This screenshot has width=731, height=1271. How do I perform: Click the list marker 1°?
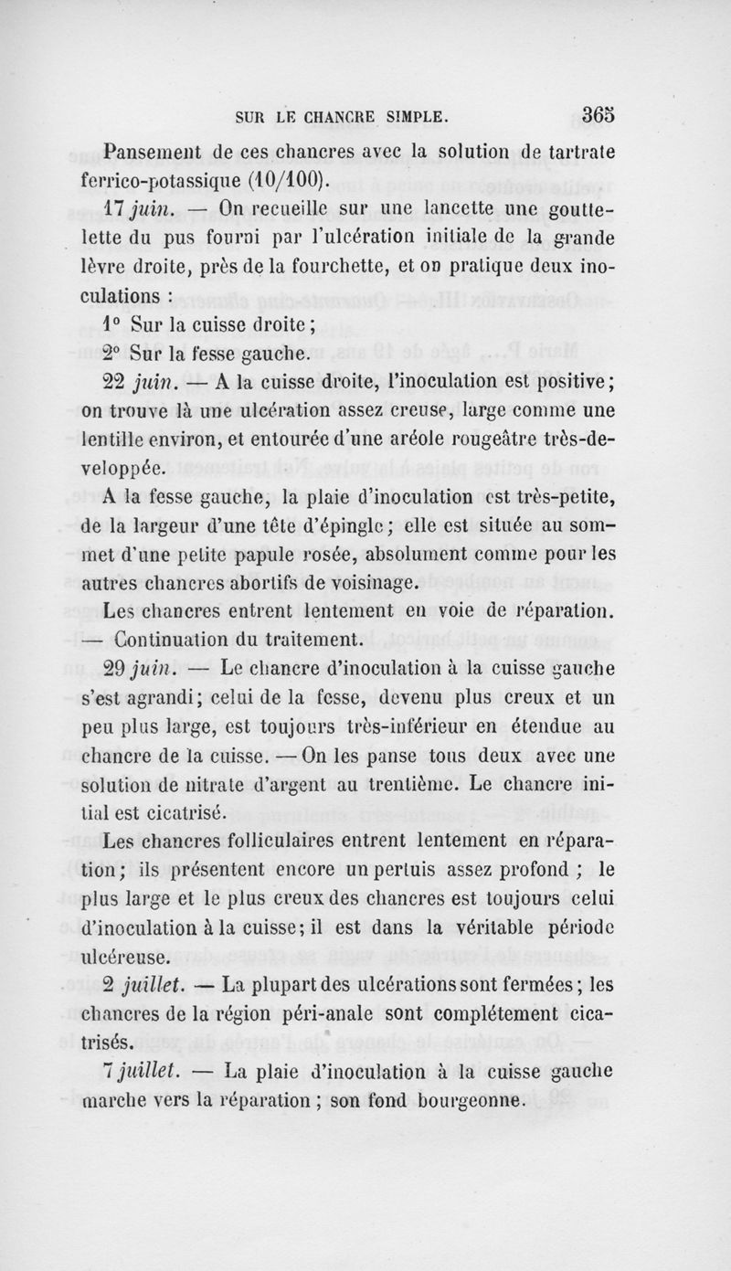tap(112, 324)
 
